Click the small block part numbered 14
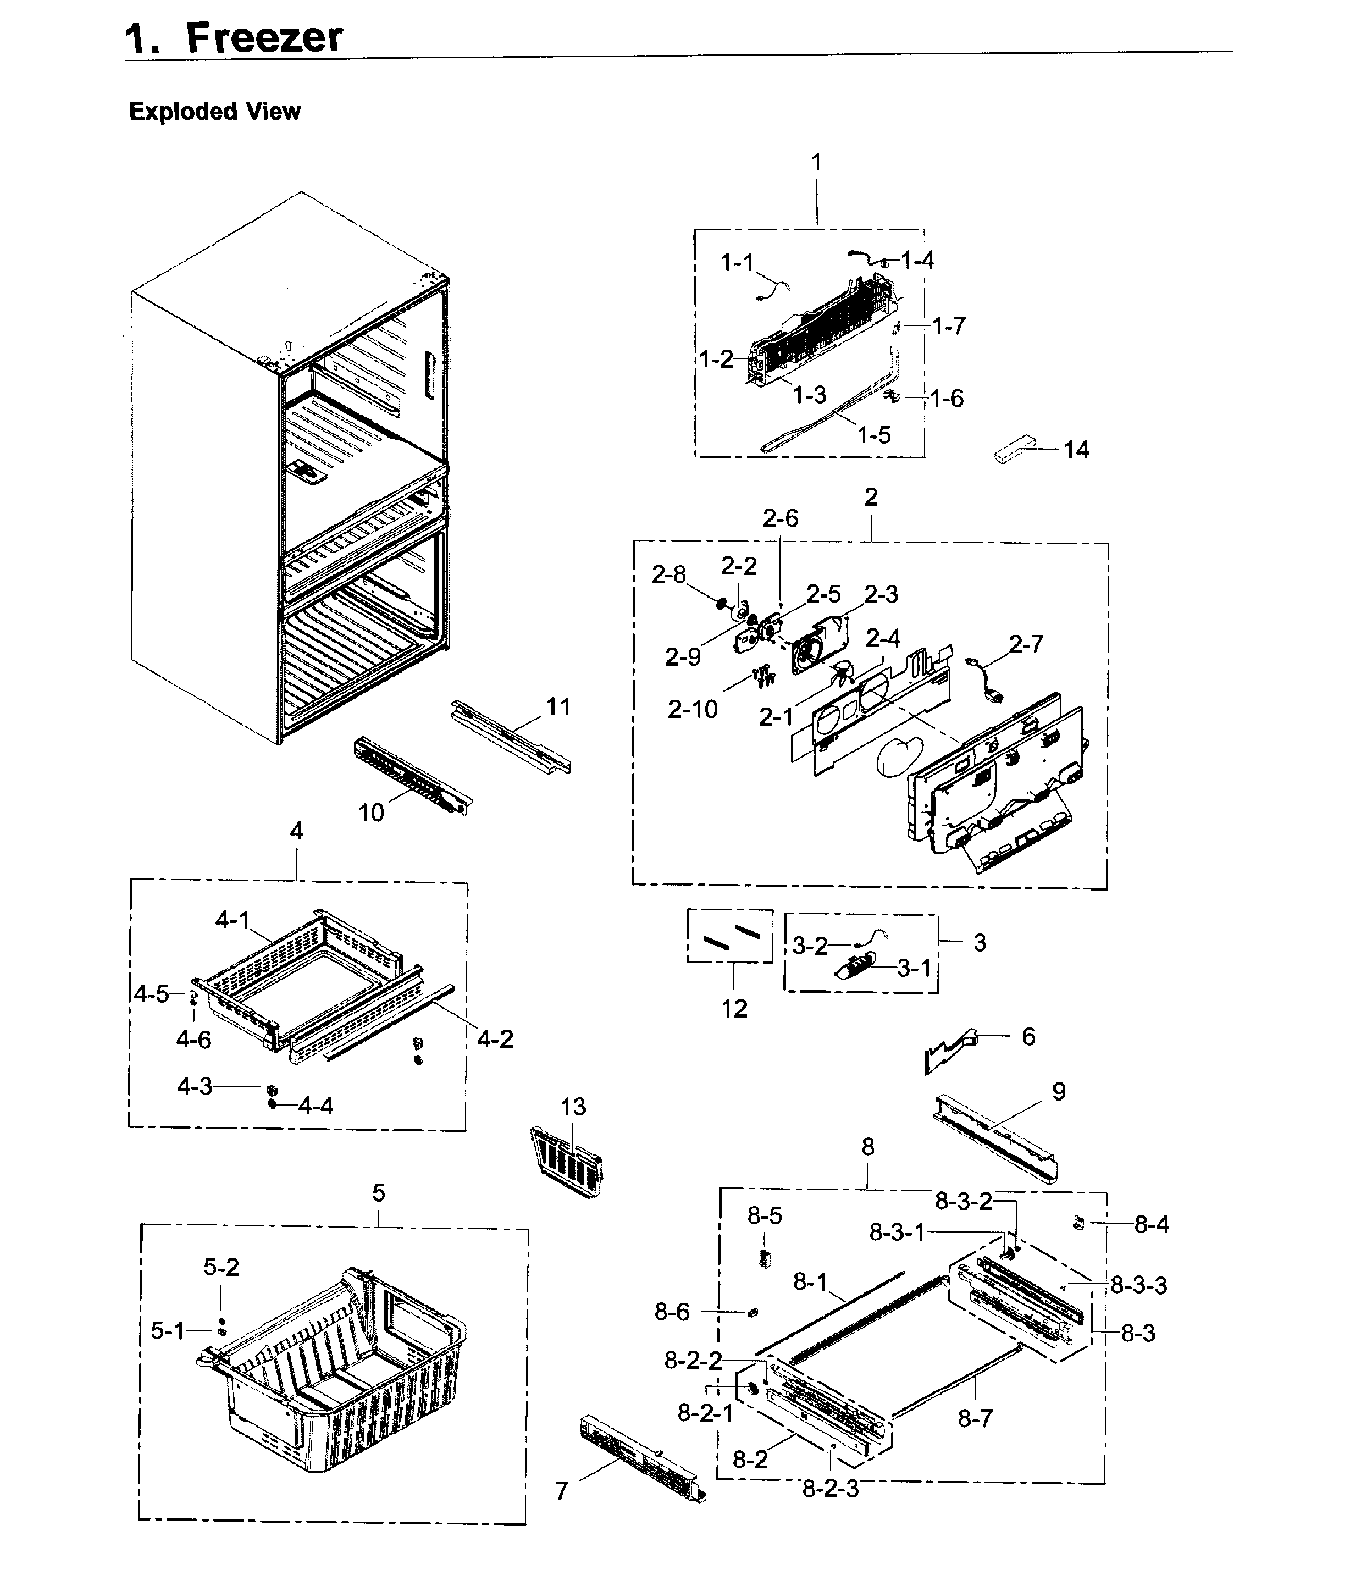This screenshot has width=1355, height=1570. pos(1013,449)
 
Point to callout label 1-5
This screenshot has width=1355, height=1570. pos(873,435)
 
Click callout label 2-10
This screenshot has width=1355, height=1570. pos(692,709)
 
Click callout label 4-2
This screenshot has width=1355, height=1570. pos(495,1039)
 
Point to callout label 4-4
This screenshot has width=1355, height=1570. pos(315,1106)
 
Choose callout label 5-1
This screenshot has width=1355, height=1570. pos(167,1331)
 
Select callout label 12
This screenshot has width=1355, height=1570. pos(733,1009)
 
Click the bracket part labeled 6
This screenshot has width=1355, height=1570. pos(952,1052)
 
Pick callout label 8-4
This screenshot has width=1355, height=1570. pos(1151,1224)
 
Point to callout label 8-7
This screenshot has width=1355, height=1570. pos(975,1418)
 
